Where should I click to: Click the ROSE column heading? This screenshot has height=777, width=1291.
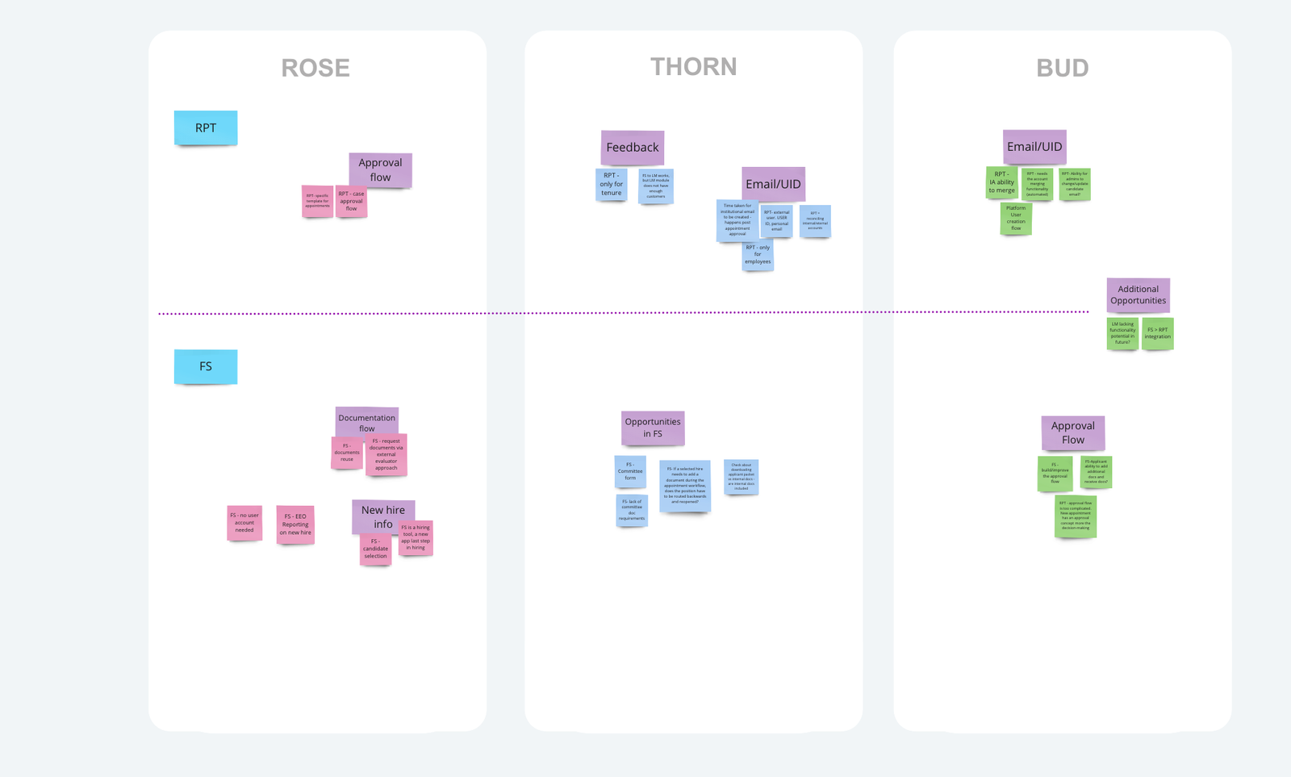pyautogui.click(x=315, y=69)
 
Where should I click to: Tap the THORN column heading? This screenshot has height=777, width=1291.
pyautogui.click(x=693, y=67)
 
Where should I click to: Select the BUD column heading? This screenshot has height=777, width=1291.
pyautogui.click(x=1062, y=69)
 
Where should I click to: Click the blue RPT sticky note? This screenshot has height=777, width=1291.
pyautogui.click(x=206, y=127)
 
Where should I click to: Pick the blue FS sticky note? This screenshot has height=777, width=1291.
pyautogui.click(x=206, y=366)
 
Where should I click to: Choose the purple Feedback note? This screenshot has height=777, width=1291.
pyautogui.click(x=633, y=147)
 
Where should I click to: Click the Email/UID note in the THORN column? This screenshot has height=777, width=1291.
pyautogui.click(x=773, y=183)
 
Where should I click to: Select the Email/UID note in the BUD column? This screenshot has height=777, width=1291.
pyautogui.click(x=1034, y=146)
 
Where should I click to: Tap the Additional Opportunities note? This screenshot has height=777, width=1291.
pyautogui.click(x=1138, y=295)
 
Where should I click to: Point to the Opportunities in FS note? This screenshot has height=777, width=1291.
pyautogui.click(x=653, y=428)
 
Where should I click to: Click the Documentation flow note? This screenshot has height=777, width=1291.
pyautogui.click(x=366, y=420)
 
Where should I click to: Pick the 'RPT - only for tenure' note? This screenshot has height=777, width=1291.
pyautogui.click(x=611, y=184)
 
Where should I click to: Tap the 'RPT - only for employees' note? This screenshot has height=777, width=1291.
pyautogui.click(x=758, y=255)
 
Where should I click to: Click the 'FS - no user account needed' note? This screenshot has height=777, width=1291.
pyautogui.click(x=244, y=523)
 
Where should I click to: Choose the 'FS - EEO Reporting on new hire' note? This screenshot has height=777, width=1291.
pyautogui.click(x=295, y=524)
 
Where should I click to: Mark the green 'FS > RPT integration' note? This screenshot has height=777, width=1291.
pyautogui.click(x=1157, y=333)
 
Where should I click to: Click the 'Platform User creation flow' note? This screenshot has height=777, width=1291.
pyautogui.click(x=1016, y=218)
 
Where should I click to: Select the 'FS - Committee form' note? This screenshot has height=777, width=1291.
pyautogui.click(x=630, y=471)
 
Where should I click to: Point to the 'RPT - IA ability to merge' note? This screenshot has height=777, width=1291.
pyautogui.click(x=1001, y=182)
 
